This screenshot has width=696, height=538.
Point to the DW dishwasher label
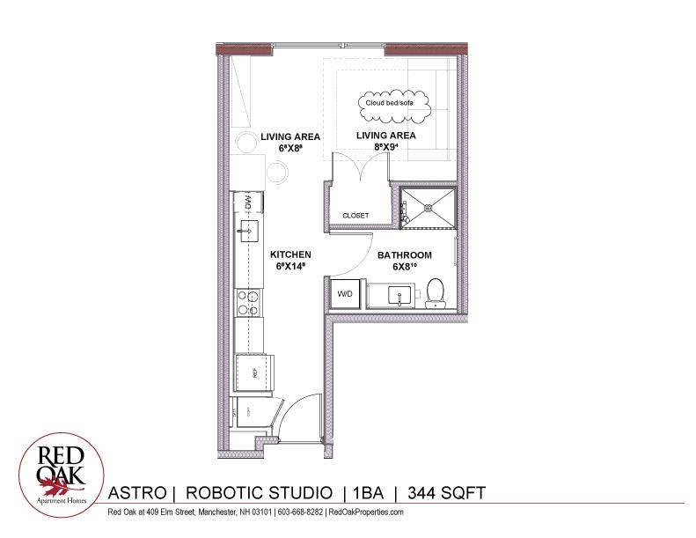point(249,203)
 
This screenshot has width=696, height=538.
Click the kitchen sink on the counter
point(245,233)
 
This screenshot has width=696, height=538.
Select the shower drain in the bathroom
point(429,209)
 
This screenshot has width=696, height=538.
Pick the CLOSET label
point(355,216)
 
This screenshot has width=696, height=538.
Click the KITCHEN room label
point(291,254)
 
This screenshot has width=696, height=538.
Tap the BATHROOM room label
point(405,255)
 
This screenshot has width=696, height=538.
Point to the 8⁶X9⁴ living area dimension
point(386,149)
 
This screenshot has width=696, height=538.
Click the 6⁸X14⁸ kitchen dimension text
point(291,267)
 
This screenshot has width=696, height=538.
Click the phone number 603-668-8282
point(300,512)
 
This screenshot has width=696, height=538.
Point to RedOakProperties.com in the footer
point(365,512)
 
